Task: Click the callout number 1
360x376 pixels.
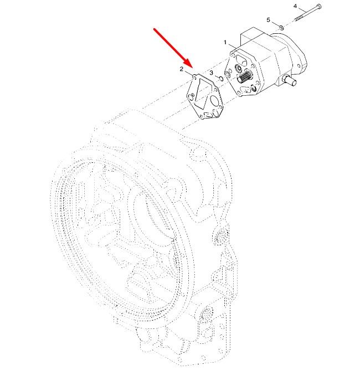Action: coord(225,43)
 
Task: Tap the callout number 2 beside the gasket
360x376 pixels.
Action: coord(182,69)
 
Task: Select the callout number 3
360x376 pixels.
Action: coord(212,73)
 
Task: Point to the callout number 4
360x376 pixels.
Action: coord(295,6)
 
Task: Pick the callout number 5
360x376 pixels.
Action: coord(269,20)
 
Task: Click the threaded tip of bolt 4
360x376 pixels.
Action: coord(297,20)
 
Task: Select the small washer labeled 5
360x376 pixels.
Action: coord(281,28)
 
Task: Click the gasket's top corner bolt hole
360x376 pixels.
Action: coord(193,77)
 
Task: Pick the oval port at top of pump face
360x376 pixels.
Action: coord(241,60)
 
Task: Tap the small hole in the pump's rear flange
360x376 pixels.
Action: coord(299,65)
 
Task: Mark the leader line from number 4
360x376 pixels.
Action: coord(302,10)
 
